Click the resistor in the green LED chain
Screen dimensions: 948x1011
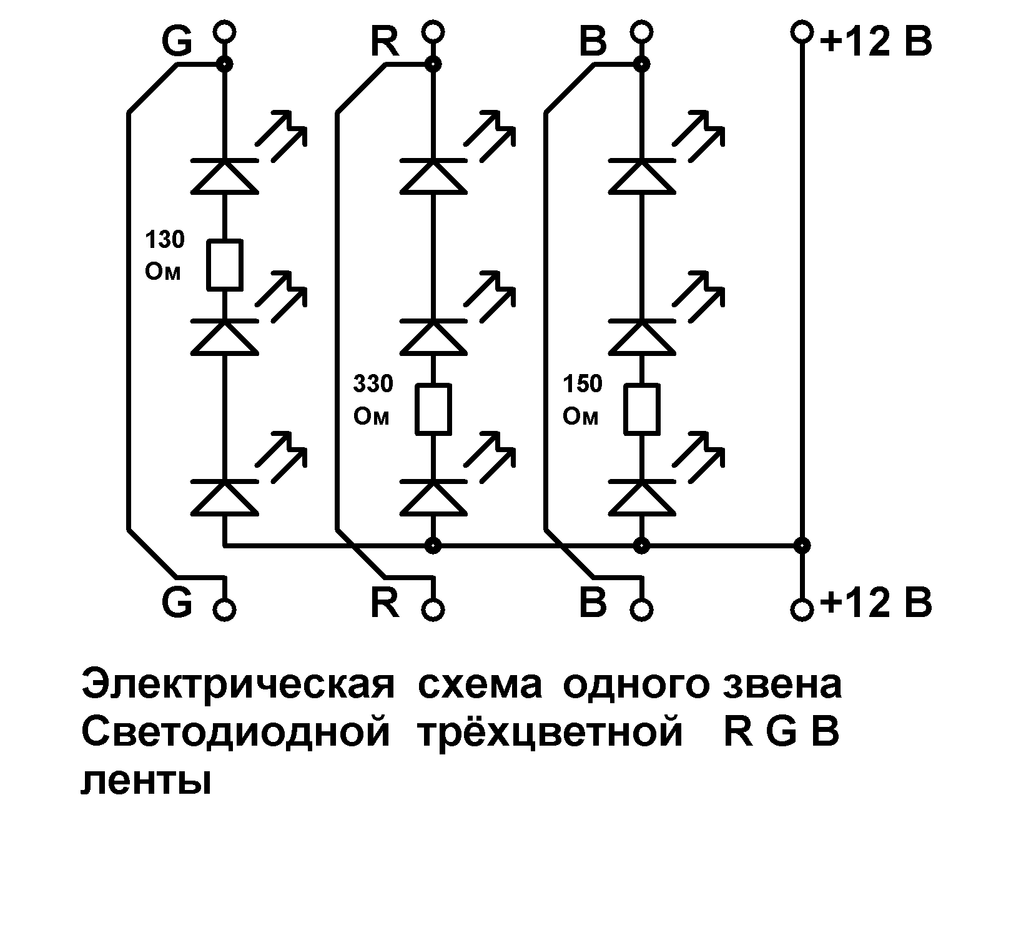(x=224, y=265)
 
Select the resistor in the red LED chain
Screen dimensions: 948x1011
(x=433, y=409)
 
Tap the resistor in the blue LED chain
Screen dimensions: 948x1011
(x=641, y=409)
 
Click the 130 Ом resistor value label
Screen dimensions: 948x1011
(x=164, y=256)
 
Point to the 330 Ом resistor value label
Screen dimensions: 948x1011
(x=373, y=400)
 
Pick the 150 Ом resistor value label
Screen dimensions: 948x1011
(x=582, y=400)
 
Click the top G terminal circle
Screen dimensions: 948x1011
(x=224, y=31)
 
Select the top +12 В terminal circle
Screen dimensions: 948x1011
(x=802, y=31)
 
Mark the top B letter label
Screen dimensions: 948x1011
(x=593, y=42)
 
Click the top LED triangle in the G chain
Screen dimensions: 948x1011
(x=224, y=176)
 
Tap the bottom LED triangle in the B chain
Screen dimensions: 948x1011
(x=641, y=498)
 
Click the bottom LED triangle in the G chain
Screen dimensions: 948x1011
(x=224, y=498)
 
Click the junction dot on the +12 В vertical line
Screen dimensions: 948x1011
(x=802, y=545)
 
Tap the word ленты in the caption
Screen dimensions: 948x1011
(x=146, y=781)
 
